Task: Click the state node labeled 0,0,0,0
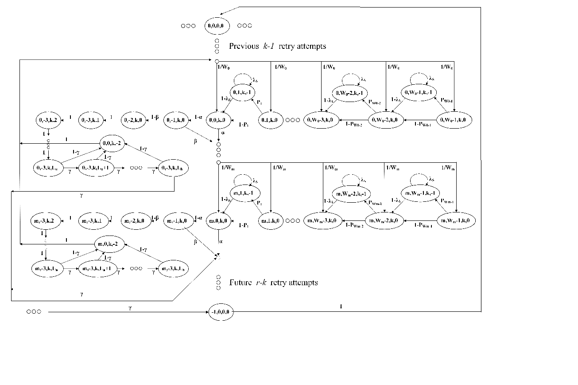[x=217, y=26]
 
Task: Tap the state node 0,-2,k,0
[x=134, y=120]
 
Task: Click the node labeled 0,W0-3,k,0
[x=321, y=120]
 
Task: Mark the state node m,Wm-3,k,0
[x=321, y=220]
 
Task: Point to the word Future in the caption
[x=241, y=283]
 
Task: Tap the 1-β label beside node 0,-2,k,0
[x=155, y=118]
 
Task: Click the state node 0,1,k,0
[x=271, y=120]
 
